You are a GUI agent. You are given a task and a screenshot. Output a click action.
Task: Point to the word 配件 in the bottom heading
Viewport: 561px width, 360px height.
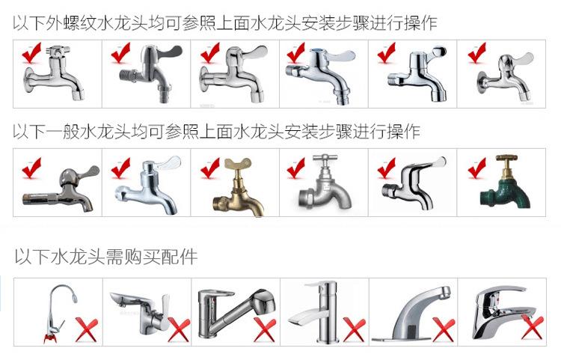(x=179, y=257)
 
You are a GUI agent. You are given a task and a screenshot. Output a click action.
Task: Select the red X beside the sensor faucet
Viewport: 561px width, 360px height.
(x=442, y=329)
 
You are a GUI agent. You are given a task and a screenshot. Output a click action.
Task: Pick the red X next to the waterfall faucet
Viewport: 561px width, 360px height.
(x=354, y=329)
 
